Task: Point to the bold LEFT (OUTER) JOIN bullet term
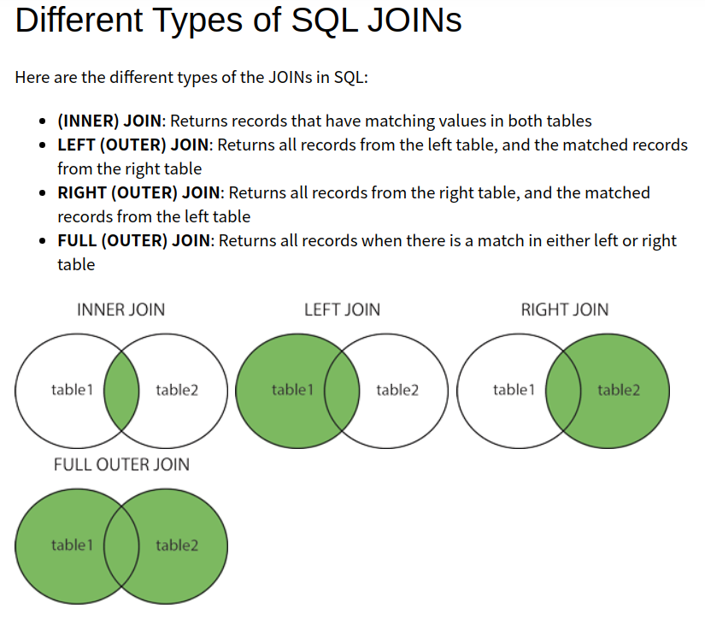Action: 133,145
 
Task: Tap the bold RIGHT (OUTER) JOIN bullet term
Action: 139,192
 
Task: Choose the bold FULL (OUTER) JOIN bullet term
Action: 133,240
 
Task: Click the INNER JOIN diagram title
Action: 121,309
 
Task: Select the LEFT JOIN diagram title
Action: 342,309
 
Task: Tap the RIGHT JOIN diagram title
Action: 565,309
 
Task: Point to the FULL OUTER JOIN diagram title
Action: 121,464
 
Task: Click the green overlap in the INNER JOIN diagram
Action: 121,391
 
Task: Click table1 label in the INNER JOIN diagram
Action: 72,390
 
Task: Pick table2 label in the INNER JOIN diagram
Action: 177,390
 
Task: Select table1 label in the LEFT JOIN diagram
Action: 292,390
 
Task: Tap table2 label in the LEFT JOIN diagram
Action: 397,390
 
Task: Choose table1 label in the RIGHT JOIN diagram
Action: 514,390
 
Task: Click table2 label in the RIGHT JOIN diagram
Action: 619,390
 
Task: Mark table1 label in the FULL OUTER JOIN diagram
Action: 72,545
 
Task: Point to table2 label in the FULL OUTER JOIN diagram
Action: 177,545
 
